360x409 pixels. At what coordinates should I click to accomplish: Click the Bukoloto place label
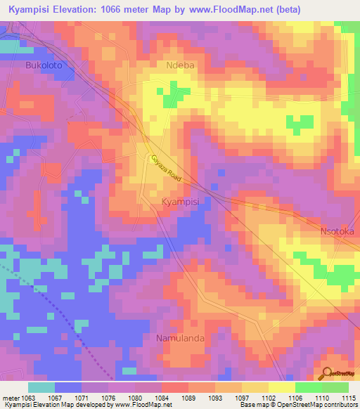[34, 64]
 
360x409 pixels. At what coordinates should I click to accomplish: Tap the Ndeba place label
[179, 65]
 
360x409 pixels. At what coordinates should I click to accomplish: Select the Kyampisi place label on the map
[181, 202]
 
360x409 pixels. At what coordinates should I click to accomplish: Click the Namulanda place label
[180, 338]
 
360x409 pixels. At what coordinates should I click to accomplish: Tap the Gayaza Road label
[165, 169]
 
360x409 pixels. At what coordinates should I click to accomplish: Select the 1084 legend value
[162, 398]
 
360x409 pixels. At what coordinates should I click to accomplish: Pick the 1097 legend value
[242, 398]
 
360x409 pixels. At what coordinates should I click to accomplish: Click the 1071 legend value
[82, 398]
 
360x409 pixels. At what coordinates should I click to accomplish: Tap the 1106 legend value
[295, 398]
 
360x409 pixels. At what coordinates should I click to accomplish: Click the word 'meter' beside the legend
[10, 398]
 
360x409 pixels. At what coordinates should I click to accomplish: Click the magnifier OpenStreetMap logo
[326, 373]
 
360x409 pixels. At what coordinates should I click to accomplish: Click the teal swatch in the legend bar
[41, 387]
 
